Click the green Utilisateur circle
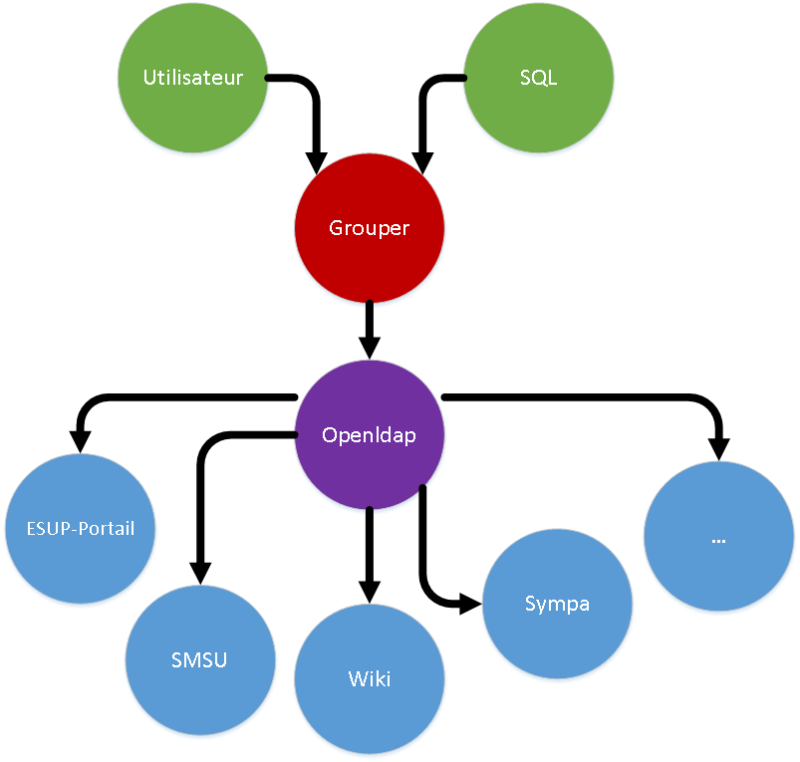[193, 77]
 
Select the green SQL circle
[538, 77]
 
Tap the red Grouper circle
[370, 228]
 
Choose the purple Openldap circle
[370, 435]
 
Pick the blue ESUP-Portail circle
[81, 527]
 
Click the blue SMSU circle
[199, 659]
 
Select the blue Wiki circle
[370, 678]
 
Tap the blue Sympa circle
[557, 604]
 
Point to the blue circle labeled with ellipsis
[718, 537]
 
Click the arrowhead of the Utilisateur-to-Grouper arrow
[316, 162]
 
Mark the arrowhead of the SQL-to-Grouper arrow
[422, 162]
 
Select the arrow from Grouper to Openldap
[370, 329]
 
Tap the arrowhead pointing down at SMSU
[200, 572]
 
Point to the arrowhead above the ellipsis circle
[718, 450]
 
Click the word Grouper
[370, 228]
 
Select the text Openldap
[370, 435]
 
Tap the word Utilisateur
[193, 77]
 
